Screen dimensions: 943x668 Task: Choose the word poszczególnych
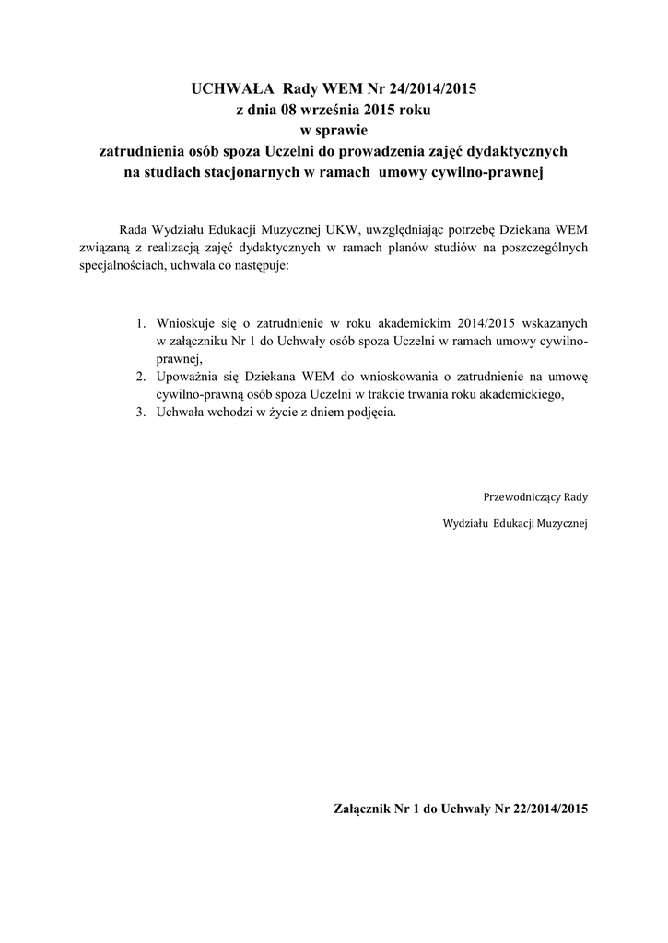coord(545,247)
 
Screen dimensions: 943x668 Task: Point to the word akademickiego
coord(518,395)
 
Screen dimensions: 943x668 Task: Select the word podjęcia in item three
coord(369,413)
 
